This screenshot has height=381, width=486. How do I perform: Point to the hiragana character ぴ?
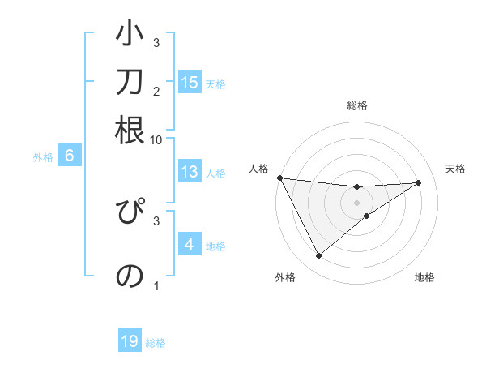(x=130, y=216)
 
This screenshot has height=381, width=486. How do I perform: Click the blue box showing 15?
(x=190, y=82)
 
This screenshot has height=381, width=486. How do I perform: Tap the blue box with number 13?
(x=190, y=171)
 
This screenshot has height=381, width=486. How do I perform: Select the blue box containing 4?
(x=189, y=244)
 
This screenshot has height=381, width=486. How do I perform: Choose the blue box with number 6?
(x=70, y=156)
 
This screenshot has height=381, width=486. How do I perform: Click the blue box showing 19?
(x=130, y=341)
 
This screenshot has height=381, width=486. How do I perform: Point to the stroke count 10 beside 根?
(x=156, y=139)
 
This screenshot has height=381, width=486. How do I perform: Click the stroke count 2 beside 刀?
(x=156, y=91)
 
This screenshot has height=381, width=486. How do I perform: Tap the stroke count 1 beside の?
(x=156, y=285)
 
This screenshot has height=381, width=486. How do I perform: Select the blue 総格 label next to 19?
(x=156, y=343)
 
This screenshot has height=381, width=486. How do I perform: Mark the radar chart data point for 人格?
(x=279, y=178)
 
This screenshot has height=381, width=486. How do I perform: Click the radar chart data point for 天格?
(x=419, y=182)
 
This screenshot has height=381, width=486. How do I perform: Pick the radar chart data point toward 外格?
(x=318, y=256)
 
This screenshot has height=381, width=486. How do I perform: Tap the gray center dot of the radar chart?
(x=356, y=202)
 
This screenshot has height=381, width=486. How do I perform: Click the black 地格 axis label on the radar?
(x=424, y=278)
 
